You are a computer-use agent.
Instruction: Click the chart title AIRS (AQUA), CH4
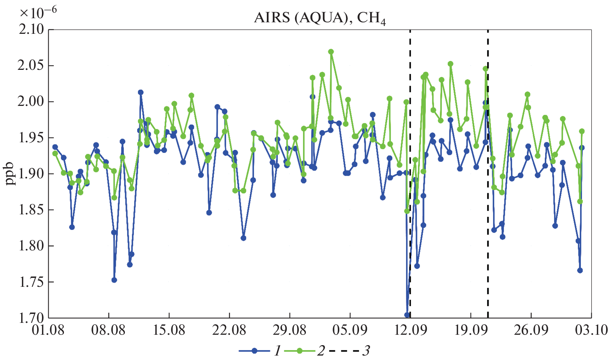tap(320, 18)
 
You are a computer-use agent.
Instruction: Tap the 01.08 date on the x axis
tap(48, 330)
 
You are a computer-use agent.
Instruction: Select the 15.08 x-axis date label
tap(169, 330)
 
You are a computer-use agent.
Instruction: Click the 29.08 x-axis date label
tap(290, 330)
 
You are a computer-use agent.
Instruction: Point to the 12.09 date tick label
tap(410, 330)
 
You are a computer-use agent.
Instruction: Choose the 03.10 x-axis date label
tap(591, 330)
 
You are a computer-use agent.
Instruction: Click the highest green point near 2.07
tap(331, 52)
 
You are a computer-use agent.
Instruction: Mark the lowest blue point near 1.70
tap(407, 315)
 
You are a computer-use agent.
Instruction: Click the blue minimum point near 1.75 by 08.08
tap(114, 280)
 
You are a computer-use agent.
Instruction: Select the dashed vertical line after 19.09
tap(488, 186)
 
